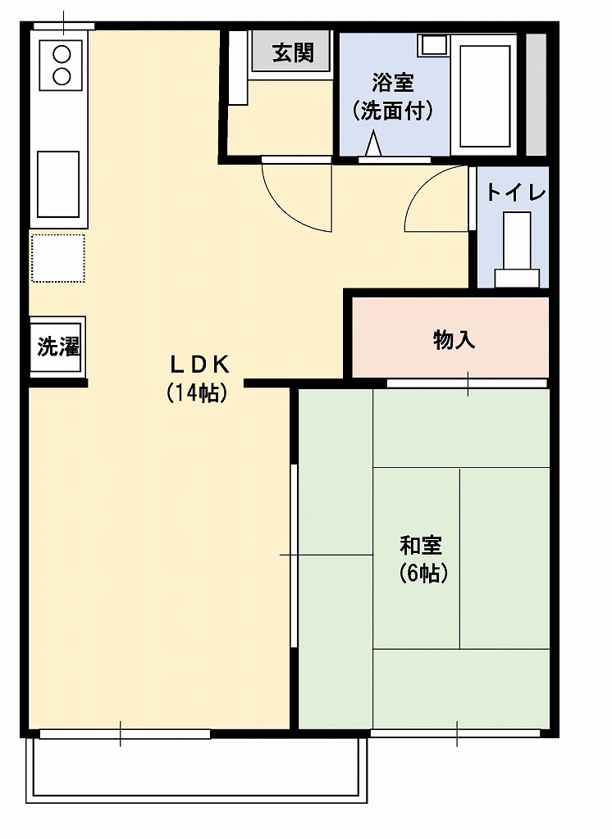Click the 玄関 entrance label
tap(293, 53)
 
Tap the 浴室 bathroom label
tap(393, 82)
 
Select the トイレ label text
tap(515, 193)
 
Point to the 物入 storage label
tap(454, 340)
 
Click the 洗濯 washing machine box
tap(58, 347)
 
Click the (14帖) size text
tap(197, 393)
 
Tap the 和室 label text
tap(421, 545)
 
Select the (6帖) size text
tap(423, 574)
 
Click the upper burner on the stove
tap(62, 56)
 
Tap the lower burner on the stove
tap(62, 76)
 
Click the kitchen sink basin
tap(58, 184)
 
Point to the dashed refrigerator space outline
tap(57, 258)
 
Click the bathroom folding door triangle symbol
tap(373, 145)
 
